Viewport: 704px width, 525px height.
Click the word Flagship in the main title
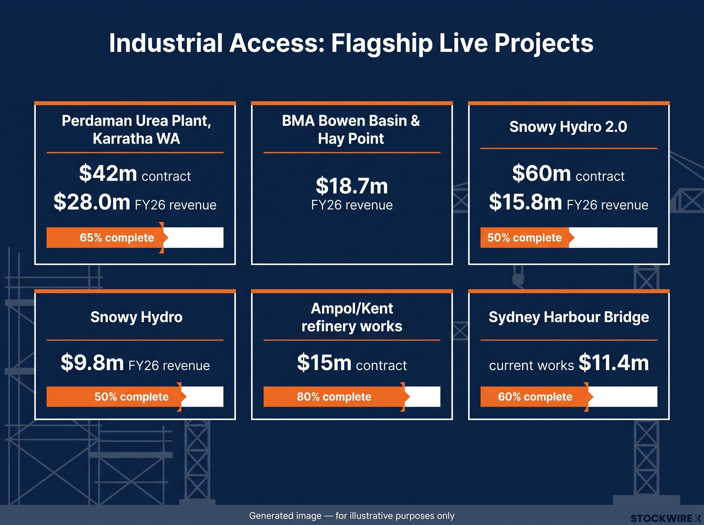click(382, 44)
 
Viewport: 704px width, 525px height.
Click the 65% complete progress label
click(117, 238)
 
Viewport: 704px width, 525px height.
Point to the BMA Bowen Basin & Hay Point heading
click(351, 129)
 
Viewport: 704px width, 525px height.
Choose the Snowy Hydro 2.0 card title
click(568, 127)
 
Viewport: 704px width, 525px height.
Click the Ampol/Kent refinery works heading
click(352, 317)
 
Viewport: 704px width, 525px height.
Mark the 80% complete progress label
click(334, 397)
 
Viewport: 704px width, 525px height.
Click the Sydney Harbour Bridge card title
click(569, 317)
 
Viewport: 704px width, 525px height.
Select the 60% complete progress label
click(535, 397)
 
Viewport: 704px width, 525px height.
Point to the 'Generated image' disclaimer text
click(352, 515)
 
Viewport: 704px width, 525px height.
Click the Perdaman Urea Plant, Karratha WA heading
click(136, 129)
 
